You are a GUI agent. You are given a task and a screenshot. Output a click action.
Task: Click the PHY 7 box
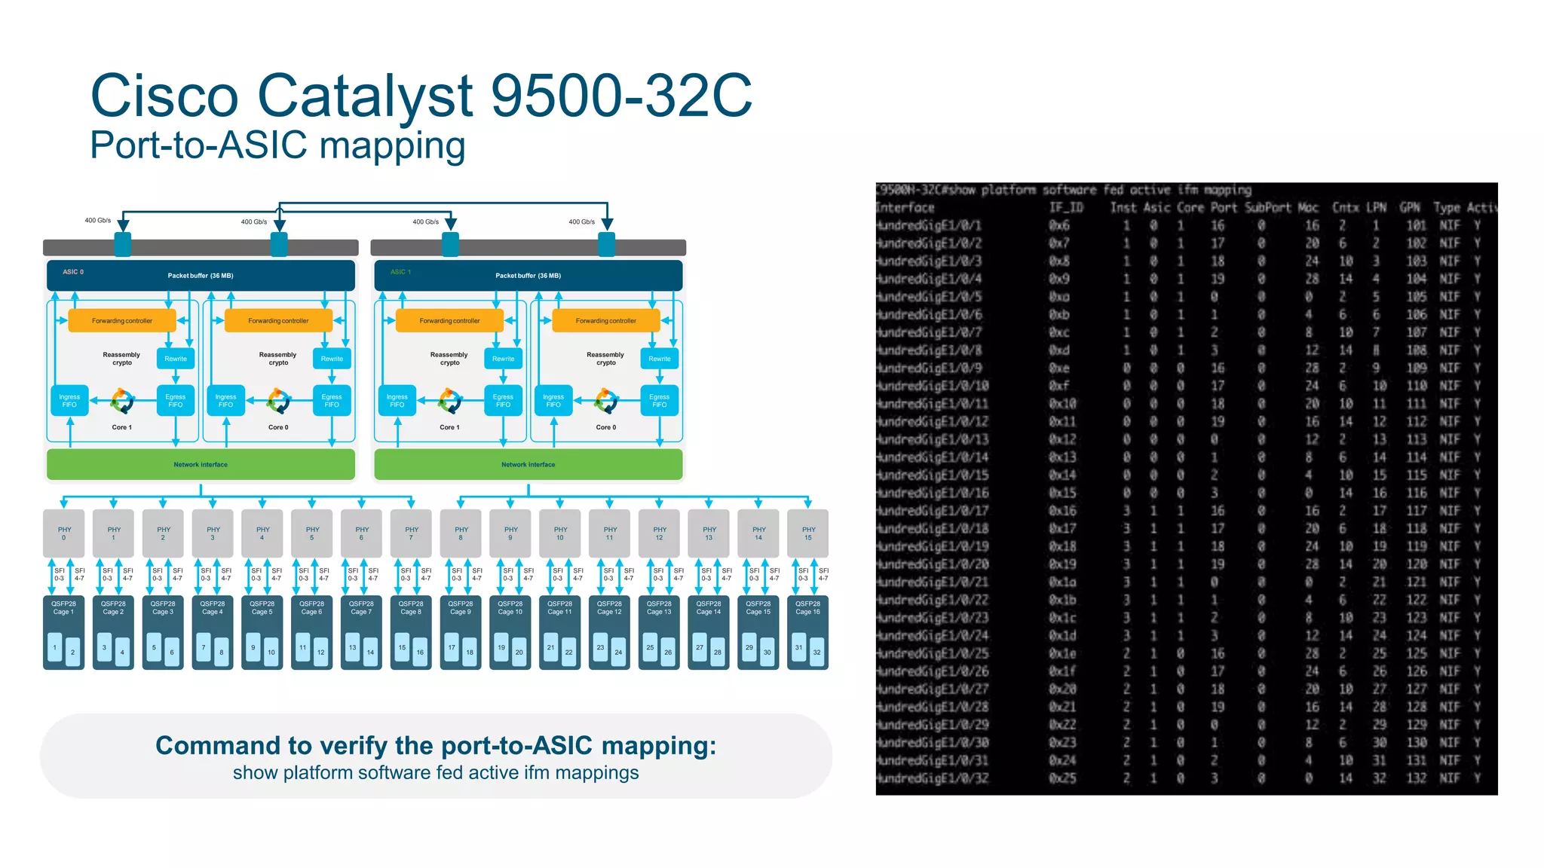point(411,533)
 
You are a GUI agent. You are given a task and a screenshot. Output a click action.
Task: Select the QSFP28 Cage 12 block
point(609,631)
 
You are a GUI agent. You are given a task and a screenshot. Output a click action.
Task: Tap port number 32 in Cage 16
point(816,653)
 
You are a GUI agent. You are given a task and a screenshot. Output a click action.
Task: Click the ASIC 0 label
point(73,272)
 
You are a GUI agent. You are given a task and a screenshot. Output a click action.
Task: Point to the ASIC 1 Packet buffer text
point(528,276)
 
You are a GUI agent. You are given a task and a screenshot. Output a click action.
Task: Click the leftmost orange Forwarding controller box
point(122,321)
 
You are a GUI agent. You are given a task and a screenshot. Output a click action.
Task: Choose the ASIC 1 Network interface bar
point(528,465)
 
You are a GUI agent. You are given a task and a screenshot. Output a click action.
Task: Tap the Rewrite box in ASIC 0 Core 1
point(176,359)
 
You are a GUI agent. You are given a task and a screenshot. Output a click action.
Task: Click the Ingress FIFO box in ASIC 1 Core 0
point(553,401)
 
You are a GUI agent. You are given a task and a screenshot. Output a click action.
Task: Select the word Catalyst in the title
point(365,96)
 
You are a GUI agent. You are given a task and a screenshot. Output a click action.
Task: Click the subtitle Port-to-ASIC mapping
point(277,145)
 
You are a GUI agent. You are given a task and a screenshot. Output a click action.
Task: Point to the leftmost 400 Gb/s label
point(97,221)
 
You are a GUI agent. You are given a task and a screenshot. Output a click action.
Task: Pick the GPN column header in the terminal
point(1409,208)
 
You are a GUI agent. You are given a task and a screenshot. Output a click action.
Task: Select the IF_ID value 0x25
point(1062,778)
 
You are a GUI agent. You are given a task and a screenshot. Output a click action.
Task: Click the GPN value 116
point(1416,493)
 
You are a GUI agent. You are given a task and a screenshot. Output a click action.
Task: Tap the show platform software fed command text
point(436,773)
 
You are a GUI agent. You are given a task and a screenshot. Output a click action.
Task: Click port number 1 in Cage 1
point(55,647)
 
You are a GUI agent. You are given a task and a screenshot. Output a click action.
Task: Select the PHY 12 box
point(659,533)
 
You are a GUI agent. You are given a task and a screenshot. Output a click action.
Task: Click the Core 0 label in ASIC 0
point(278,427)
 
